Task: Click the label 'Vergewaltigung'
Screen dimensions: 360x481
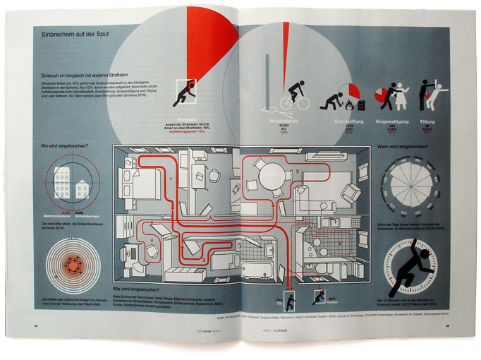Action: click(389, 122)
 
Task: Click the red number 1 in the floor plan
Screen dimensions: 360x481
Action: click(171, 180)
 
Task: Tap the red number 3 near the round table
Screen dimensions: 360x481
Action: click(298, 172)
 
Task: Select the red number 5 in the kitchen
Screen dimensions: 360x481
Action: click(341, 243)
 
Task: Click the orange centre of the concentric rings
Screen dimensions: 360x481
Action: click(72, 268)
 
